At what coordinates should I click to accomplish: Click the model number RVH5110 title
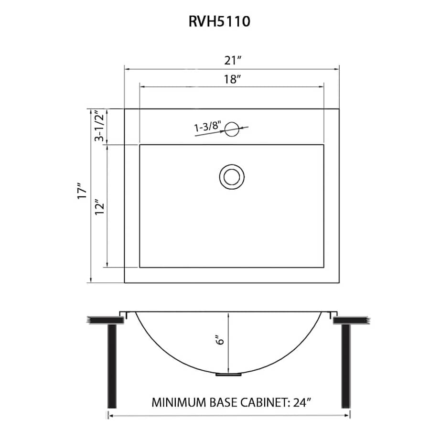click(x=219, y=22)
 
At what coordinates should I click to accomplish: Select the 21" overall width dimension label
click(x=232, y=61)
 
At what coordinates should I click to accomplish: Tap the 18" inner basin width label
click(x=231, y=79)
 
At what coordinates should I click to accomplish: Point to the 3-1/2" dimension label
click(x=99, y=126)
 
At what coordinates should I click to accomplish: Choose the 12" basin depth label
click(x=99, y=207)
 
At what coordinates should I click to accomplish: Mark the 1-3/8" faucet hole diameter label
click(x=207, y=127)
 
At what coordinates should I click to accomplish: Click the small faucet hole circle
click(x=232, y=129)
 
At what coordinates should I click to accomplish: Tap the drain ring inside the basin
click(x=232, y=176)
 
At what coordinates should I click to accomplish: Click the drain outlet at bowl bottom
click(x=228, y=375)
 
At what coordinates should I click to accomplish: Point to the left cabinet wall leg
click(x=112, y=365)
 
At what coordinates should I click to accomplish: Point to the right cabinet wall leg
click(x=345, y=365)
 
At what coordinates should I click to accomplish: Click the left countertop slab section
click(x=103, y=319)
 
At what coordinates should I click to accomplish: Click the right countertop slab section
click(x=351, y=319)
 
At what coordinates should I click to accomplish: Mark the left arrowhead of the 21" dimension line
click(x=128, y=68)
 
